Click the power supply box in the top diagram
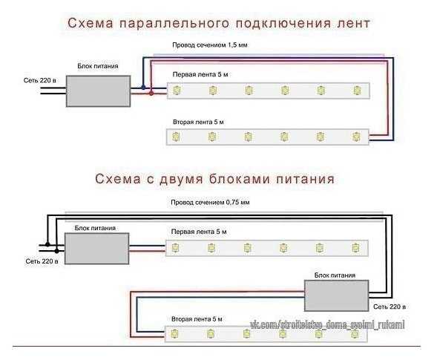(98, 91)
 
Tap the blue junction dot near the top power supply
(143, 88)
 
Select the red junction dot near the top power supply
(151, 94)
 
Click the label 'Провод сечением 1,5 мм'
(210, 45)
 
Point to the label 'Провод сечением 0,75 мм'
(210, 203)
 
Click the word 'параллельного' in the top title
(174, 23)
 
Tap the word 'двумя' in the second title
(182, 180)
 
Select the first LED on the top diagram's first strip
(177, 91)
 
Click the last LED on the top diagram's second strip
(357, 137)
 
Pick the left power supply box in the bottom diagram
(97, 249)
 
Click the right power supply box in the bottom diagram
(337, 295)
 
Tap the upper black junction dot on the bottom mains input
(47, 244)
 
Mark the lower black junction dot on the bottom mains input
(56, 251)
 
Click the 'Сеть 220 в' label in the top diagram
(40, 81)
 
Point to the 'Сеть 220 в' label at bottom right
(389, 307)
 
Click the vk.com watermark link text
(327, 324)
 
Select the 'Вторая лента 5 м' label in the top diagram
(198, 122)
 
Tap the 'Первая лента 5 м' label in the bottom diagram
(199, 232)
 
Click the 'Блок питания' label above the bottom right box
(335, 275)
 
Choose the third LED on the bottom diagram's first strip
(247, 248)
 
